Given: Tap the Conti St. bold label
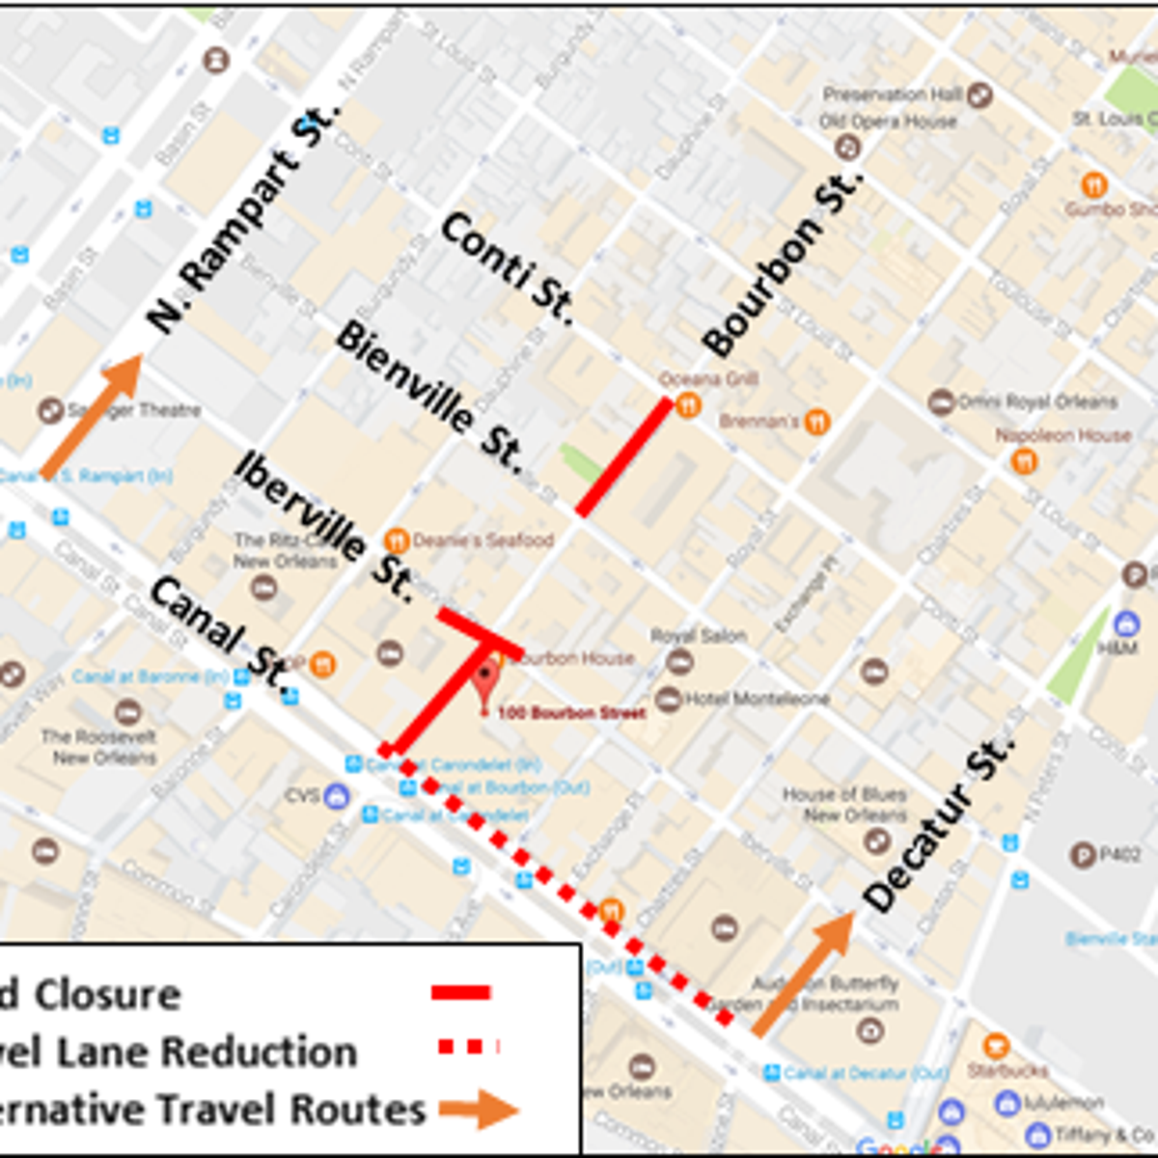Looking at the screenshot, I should click(508, 267).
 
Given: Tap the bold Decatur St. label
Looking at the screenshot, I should click(937, 824).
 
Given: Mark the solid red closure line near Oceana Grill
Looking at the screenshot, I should click(623, 456).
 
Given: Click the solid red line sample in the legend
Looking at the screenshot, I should click(461, 992).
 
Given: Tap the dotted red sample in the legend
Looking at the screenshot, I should click(468, 1046).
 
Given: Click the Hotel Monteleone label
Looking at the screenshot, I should click(757, 698).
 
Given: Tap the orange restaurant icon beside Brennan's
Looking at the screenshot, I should click(817, 422).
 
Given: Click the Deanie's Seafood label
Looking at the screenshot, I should click(482, 539).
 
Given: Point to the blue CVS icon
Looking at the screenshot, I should click(336, 796).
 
